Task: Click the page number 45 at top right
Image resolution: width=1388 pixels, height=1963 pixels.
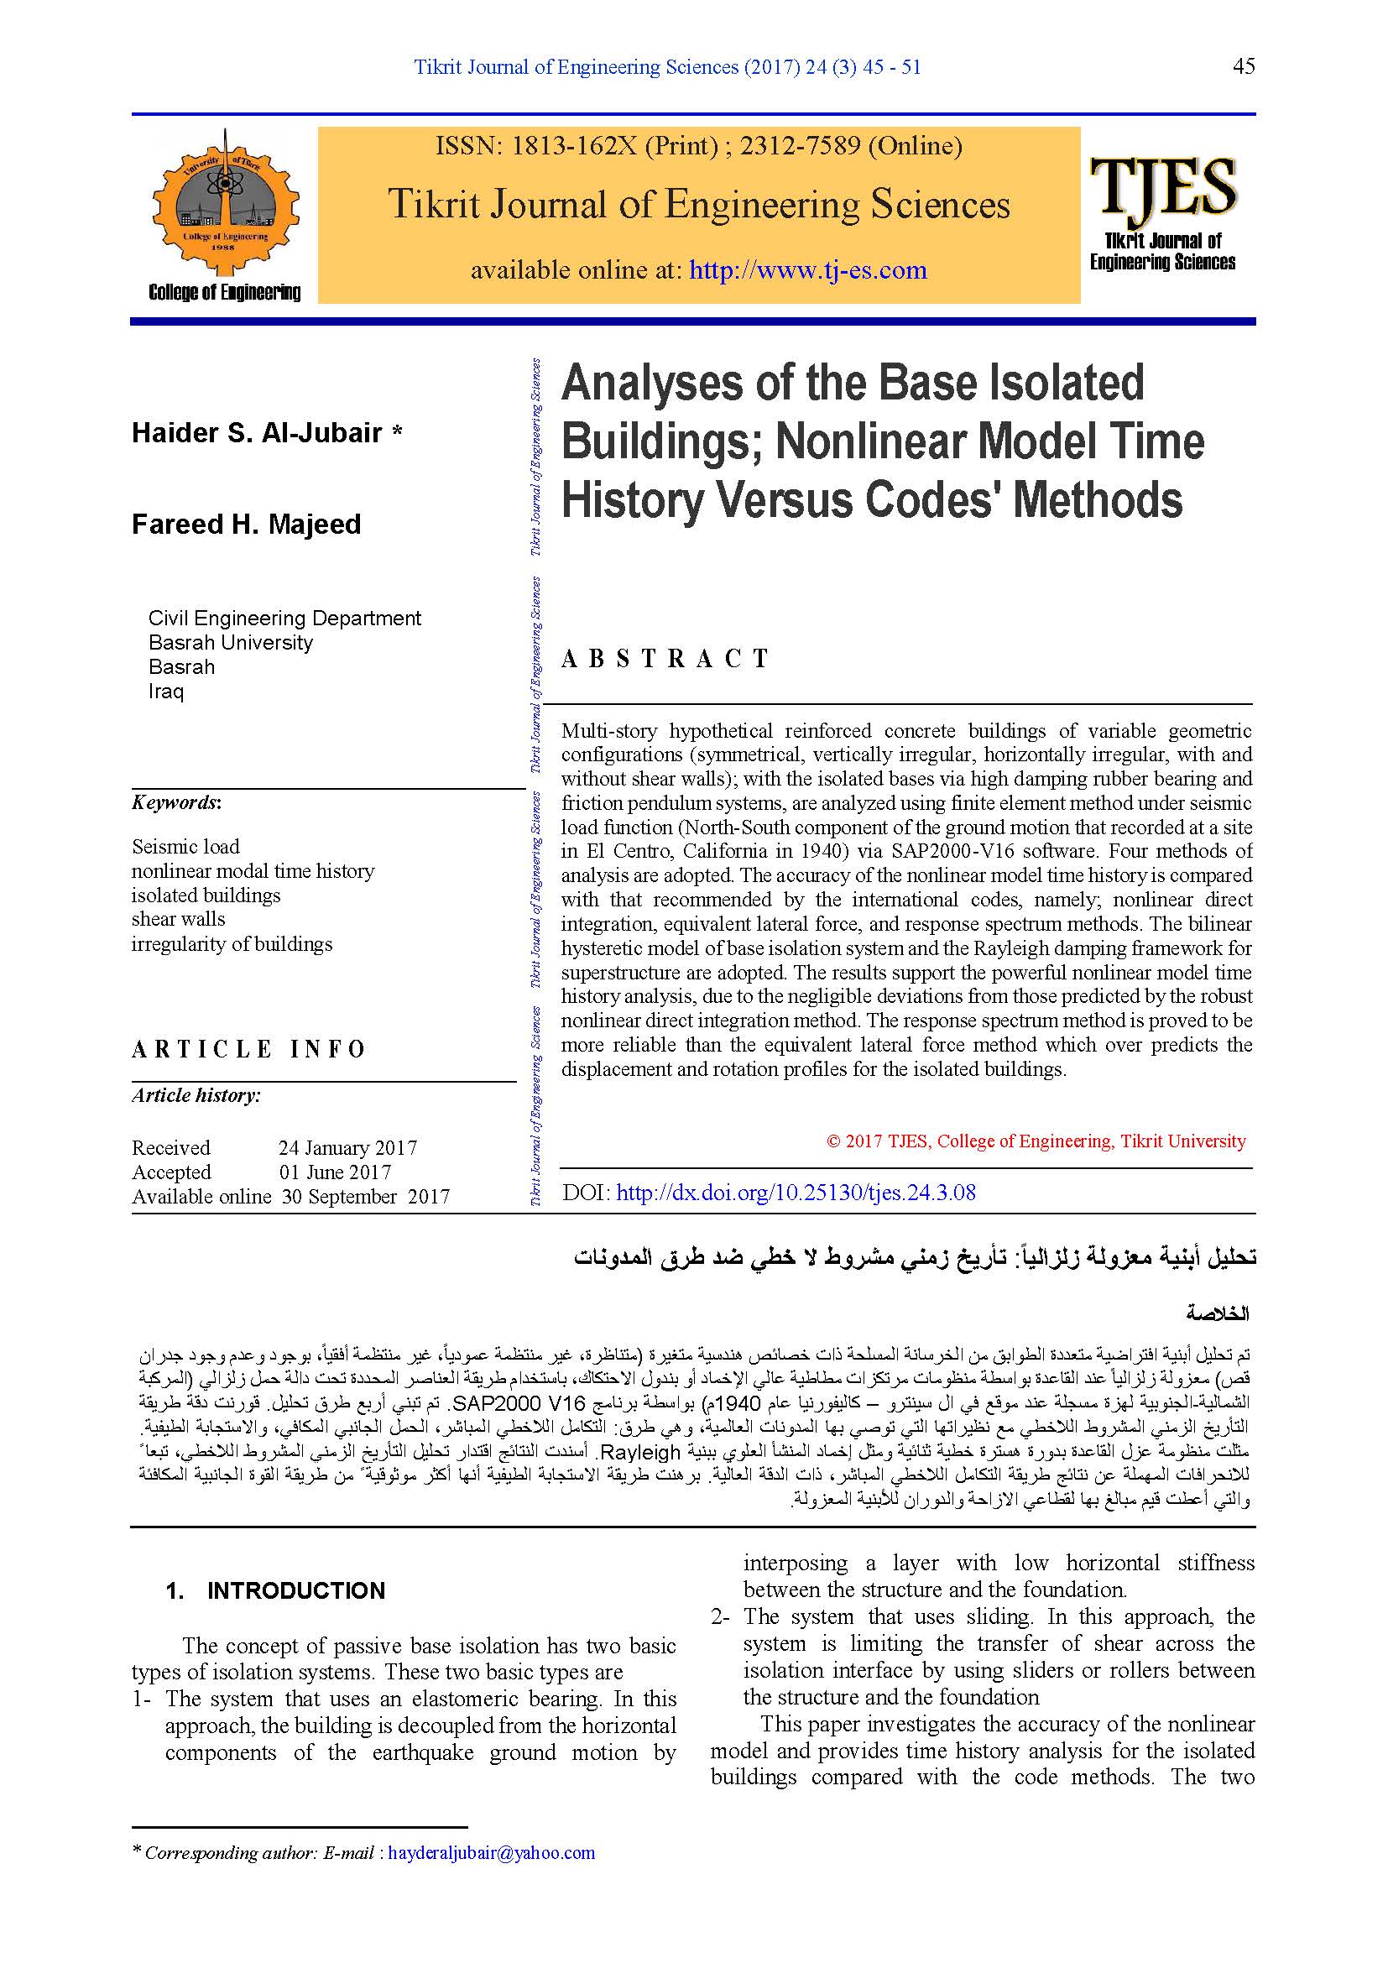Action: [x=1244, y=66]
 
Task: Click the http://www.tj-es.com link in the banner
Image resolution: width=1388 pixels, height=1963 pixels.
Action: [x=807, y=270]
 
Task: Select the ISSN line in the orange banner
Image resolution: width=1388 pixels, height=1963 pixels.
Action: [x=698, y=146]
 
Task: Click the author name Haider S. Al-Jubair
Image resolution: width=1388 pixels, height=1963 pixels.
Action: [x=257, y=432]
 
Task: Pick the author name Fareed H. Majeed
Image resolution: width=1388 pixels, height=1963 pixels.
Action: [x=246, y=524]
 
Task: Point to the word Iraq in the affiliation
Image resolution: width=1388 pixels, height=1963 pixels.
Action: [x=166, y=691]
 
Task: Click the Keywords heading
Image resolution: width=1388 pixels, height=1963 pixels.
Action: [x=176, y=802]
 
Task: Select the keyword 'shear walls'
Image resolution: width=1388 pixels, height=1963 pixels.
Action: [x=178, y=919]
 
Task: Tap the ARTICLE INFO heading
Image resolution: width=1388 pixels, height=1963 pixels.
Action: [x=248, y=1049]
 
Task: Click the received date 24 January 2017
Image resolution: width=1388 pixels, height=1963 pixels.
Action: [x=348, y=1147]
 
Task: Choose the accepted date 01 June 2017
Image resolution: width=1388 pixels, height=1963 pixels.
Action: [x=335, y=1172]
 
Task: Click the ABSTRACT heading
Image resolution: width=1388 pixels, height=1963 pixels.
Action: [x=665, y=658]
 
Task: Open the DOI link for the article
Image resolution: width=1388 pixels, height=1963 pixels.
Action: [x=796, y=1193]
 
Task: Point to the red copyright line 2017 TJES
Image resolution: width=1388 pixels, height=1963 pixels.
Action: [x=1036, y=1141]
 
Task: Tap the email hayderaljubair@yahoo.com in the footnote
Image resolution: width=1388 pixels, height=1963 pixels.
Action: [x=492, y=1853]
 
